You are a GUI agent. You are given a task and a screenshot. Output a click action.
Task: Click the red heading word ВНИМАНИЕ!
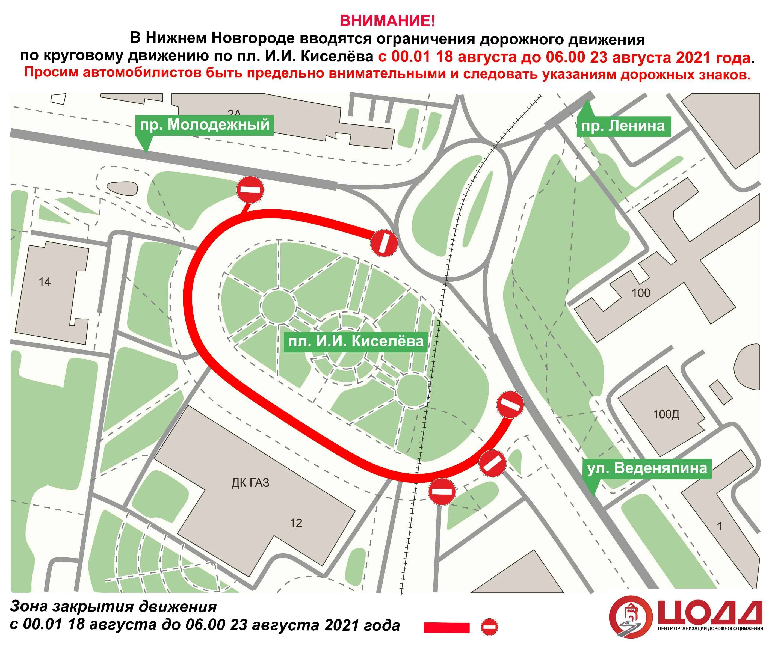(x=387, y=21)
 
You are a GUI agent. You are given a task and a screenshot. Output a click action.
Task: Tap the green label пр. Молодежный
(x=205, y=125)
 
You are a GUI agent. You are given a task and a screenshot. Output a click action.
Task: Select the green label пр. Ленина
(x=623, y=126)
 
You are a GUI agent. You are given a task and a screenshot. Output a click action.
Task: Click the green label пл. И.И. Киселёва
(x=356, y=341)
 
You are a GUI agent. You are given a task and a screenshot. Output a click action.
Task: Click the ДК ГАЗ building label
(x=250, y=482)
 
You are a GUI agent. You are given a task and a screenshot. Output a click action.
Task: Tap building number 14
(x=45, y=282)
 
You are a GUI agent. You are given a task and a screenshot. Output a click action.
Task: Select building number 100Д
(x=666, y=414)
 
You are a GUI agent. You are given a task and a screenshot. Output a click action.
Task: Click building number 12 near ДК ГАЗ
(x=296, y=523)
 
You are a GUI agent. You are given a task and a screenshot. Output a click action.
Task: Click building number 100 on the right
(x=641, y=293)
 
